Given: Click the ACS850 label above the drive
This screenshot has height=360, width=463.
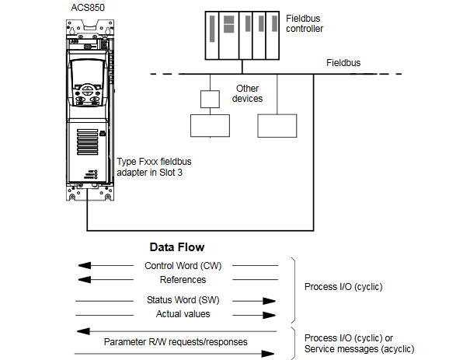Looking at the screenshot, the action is click(88, 8).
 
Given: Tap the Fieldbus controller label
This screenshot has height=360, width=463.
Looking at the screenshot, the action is click(305, 23).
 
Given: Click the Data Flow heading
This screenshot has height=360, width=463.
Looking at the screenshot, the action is click(177, 247).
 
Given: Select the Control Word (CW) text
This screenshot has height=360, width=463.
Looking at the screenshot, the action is click(183, 266).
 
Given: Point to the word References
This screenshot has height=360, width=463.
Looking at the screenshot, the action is click(183, 280).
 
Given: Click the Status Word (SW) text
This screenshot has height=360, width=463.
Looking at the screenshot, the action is click(183, 300).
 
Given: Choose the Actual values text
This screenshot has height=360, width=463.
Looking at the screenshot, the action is click(183, 314).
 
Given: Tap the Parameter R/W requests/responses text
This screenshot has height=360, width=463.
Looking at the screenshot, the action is click(176, 342).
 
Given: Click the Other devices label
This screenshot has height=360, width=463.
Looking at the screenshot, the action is click(248, 93).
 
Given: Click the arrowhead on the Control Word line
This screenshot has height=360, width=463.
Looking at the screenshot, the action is click(85, 265).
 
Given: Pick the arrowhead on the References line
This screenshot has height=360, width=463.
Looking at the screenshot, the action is click(85, 279).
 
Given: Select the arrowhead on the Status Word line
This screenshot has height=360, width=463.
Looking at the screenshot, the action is click(269, 301).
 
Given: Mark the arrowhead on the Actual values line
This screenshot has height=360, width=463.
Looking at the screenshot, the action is click(269, 315).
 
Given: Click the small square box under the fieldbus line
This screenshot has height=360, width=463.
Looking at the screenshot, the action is click(210, 100).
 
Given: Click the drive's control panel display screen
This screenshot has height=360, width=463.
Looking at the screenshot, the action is click(88, 72).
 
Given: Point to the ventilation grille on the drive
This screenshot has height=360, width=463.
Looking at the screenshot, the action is click(88, 142).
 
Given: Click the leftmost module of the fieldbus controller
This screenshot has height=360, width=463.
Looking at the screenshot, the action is click(212, 36).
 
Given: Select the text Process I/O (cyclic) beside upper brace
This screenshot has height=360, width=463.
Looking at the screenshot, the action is click(343, 287).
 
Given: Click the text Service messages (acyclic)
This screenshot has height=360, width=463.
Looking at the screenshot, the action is click(360, 349).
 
